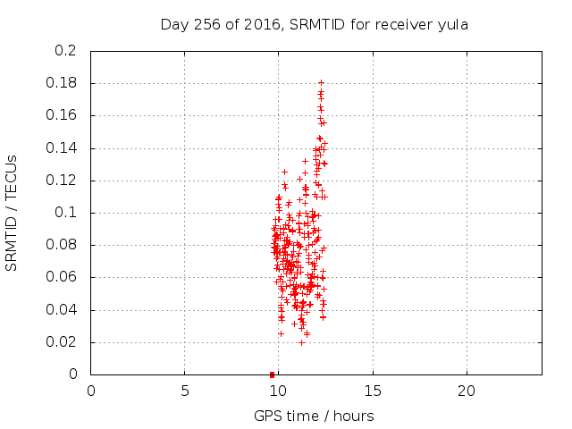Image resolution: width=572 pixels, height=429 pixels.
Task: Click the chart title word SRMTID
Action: point(317,25)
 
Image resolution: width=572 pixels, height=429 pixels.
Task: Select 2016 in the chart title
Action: point(262,25)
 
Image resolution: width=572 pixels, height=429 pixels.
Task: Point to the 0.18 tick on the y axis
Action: point(62,83)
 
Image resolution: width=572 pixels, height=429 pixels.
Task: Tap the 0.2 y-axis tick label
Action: point(65,50)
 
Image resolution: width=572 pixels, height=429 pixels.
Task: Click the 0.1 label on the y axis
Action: point(65,213)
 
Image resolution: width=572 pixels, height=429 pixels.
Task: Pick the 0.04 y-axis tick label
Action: point(62,310)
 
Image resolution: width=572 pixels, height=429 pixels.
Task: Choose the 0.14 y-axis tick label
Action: point(62,147)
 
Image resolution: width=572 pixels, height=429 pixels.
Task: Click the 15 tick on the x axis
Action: point(373,391)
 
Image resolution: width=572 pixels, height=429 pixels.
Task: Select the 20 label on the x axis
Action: point(467,391)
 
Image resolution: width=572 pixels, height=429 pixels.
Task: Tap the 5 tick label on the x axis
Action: point(185,391)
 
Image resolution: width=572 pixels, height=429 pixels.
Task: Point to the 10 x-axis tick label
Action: point(278,391)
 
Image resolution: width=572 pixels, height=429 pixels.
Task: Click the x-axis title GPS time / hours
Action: point(314,416)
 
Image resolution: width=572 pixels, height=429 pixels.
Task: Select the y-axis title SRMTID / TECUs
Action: point(12,213)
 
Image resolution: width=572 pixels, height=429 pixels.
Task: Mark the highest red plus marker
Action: point(321,83)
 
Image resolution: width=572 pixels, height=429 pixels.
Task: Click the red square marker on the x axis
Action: point(272,374)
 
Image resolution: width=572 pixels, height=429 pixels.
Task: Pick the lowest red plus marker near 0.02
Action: point(301,342)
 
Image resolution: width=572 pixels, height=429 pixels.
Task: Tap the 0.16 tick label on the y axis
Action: point(62,115)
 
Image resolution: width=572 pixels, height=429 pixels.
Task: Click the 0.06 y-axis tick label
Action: point(62,277)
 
